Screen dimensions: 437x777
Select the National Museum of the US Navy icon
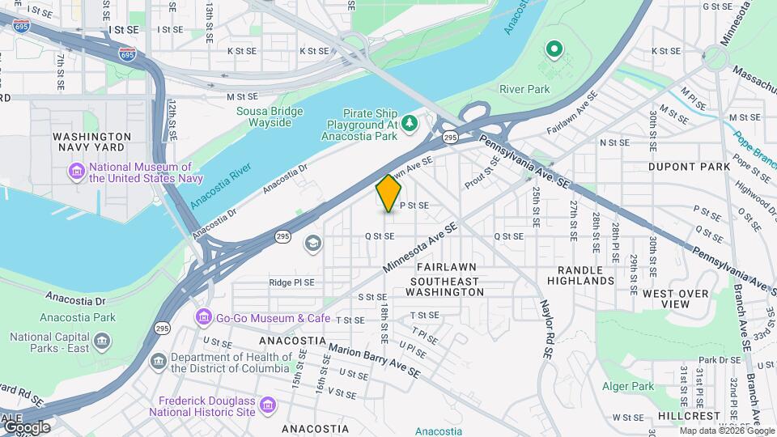77,171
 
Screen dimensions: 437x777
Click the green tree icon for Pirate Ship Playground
411,122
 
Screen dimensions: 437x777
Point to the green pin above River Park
554,51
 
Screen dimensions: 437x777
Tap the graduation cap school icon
312,243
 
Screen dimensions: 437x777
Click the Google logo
26,426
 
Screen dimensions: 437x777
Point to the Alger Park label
631,387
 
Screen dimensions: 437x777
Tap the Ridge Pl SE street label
291,282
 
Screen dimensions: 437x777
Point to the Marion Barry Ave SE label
374,361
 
